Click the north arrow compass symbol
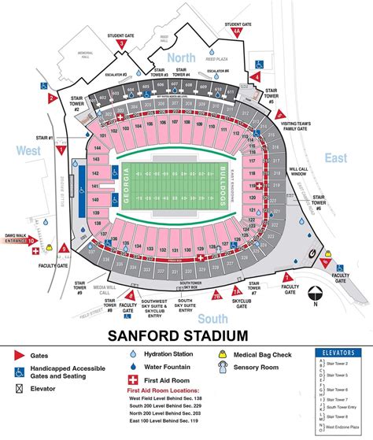tap(315, 293)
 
